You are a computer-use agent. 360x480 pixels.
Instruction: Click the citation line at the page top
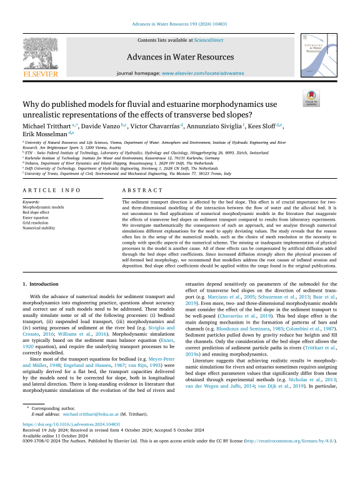pos(180,25)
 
